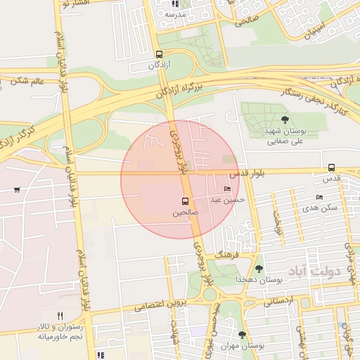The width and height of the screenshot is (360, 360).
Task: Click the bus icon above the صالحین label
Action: tap(186, 200)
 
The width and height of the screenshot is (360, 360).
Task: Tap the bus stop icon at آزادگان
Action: tap(160, 54)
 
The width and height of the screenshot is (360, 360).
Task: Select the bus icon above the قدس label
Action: tap(331, 167)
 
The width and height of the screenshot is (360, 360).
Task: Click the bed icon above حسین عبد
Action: tap(226, 189)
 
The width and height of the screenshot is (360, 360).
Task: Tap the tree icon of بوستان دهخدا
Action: tap(259, 269)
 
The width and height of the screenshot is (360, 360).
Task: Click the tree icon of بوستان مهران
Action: tap(243, 335)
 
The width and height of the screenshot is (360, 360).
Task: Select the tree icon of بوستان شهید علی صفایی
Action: tap(284, 120)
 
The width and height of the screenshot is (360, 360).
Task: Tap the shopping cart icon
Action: tap(16, 189)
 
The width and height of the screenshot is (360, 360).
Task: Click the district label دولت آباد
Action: tap(313, 271)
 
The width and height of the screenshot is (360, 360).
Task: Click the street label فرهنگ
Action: tap(229, 252)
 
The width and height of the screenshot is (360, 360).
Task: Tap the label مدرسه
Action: tap(176, 14)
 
